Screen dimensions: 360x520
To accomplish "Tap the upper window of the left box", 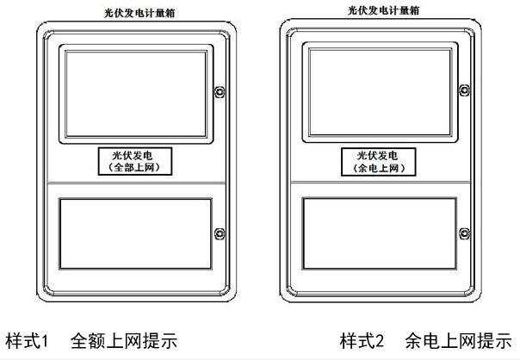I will (137, 93).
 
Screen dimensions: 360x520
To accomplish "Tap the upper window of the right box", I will (380, 91).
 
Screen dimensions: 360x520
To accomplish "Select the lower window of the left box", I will (137, 233).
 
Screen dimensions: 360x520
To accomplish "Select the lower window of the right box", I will (380, 233).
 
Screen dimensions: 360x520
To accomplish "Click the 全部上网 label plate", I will (137, 162).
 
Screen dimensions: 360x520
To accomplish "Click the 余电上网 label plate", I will (380, 161).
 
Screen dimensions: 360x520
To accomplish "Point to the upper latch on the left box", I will (220, 91).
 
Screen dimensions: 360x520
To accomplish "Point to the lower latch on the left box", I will (220, 233).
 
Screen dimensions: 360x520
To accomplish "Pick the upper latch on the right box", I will (464, 91).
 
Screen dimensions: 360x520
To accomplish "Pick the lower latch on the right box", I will (464, 233).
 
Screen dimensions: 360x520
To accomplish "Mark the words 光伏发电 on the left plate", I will (137, 156).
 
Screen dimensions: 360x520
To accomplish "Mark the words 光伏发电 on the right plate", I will (380, 155).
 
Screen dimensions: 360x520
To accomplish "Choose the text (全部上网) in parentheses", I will (137, 168).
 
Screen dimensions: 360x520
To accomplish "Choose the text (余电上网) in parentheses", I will (380, 167).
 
